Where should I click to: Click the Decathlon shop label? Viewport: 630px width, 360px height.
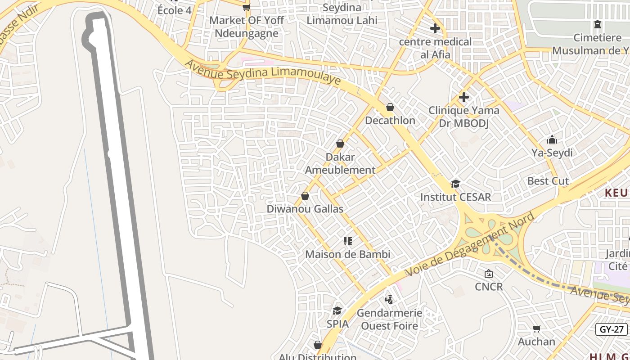point(390,121)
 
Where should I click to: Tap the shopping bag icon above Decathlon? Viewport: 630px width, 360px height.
point(390,107)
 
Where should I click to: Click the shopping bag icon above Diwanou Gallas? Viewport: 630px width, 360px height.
point(305,196)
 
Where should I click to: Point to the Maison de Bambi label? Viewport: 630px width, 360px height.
point(347,254)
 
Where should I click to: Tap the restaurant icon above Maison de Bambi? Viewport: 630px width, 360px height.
point(347,241)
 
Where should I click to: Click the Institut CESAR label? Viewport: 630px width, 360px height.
point(455,197)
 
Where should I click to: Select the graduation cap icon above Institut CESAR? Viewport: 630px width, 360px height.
point(455,184)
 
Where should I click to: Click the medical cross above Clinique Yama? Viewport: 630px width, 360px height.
point(463,97)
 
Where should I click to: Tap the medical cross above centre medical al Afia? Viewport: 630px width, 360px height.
point(435,28)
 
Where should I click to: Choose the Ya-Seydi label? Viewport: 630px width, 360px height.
point(552,153)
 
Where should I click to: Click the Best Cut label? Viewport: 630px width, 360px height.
point(548,181)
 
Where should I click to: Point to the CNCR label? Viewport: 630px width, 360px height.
point(489,287)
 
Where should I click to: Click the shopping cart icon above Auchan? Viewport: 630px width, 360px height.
point(536,328)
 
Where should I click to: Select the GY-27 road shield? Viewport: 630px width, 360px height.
point(612,329)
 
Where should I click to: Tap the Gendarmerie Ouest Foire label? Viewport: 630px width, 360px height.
point(390,319)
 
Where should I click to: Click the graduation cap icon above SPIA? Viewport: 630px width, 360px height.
point(337,310)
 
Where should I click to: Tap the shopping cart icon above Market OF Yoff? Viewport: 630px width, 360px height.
point(246,7)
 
